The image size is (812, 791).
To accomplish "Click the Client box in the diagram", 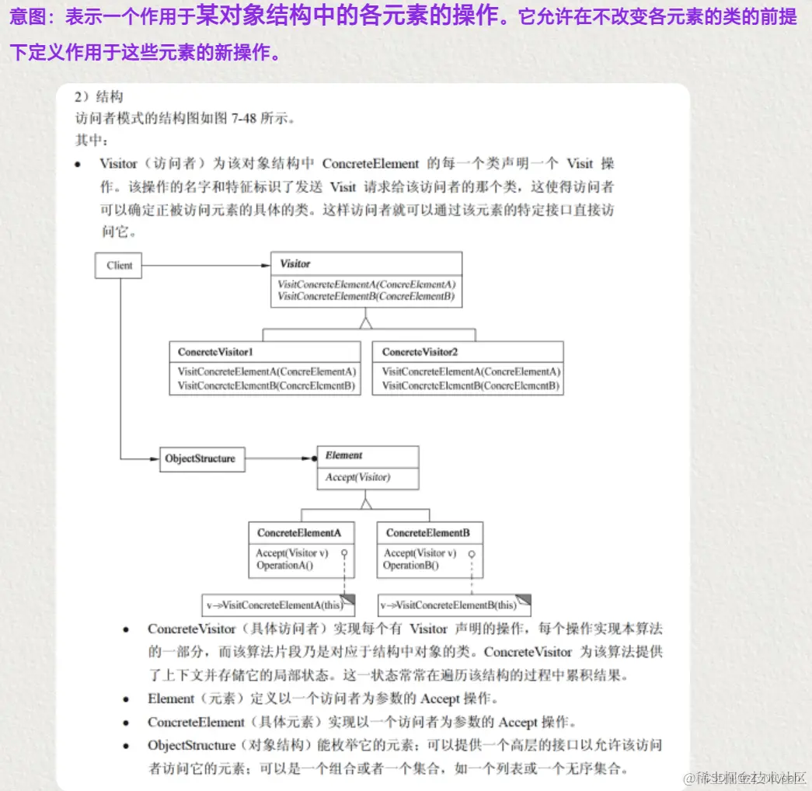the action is click(119, 266).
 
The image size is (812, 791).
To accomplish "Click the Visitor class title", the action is click(295, 264).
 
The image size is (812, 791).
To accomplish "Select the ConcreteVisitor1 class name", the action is click(215, 352).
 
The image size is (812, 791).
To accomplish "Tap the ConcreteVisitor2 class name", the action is click(420, 352).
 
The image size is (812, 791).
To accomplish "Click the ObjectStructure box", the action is click(200, 458).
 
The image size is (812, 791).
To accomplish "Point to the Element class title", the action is click(343, 456).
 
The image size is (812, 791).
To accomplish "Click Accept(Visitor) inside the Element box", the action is click(357, 477).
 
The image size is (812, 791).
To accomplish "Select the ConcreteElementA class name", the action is click(299, 533).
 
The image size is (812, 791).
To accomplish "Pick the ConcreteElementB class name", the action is click(427, 533).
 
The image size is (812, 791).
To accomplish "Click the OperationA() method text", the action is click(284, 566).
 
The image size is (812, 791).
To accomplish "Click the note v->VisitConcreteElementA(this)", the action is click(274, 605).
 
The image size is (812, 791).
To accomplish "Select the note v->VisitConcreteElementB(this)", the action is click(449, 605).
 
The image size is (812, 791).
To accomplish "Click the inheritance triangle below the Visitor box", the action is click(366, 321).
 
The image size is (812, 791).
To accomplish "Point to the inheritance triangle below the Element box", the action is click(366, 501).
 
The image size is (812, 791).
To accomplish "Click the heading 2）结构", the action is click(99, 97).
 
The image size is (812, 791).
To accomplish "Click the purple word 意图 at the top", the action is click(26, 18).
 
